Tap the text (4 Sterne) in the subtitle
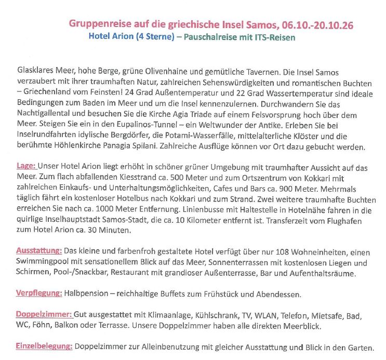155,37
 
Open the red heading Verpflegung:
39,294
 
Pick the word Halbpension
88,294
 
